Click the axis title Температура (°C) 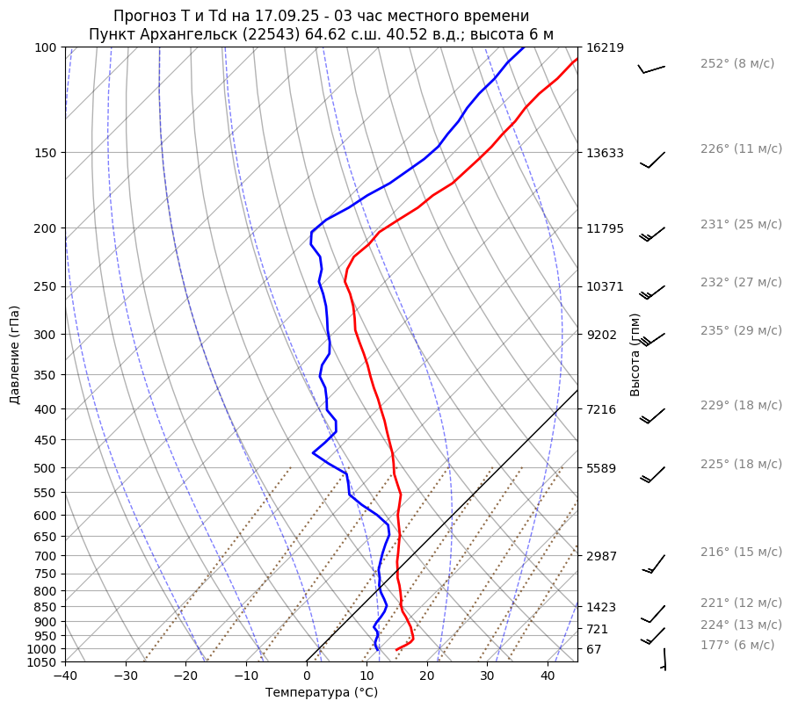pyautogui.click(x=322, y=693)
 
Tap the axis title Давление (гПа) pyautogui.click(x=15, y=355)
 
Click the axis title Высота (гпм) pyautogui.click(x=635, y=355)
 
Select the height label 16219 pyautogui.click(x=605, y=47)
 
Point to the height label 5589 pyautogui.click(x=602, y=468)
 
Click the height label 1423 pyautogui.click(x=602, y=607)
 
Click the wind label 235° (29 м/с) pyautogui.click(x=741, y=330)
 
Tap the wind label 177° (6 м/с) pyautogui.click(x=737, y=645)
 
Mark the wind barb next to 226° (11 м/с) pyautogui.click(x=653, y=159)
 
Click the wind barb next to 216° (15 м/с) pyautogui.click(x=655, y=563)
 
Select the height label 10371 pyautogui.click(x=605, y=286)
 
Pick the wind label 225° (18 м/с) pyautogui.click(x=741, y=464)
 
